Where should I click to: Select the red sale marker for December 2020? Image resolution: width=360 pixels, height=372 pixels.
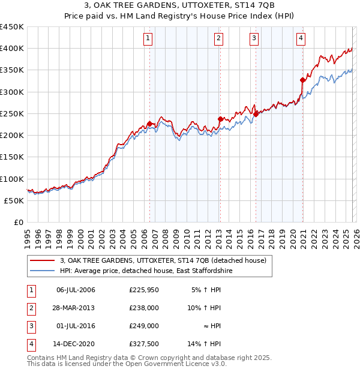pos(302,79)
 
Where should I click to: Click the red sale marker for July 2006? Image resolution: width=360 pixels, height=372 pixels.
pos(149,124)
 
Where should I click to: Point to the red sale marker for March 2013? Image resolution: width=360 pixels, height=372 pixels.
pos(220,119)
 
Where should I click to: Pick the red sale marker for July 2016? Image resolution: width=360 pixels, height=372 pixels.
pos(256,113)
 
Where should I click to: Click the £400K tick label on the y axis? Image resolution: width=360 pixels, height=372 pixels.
pos(12,49)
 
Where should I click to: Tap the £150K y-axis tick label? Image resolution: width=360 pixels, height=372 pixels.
pos(12,157)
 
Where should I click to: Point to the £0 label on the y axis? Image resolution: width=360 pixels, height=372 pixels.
pos(17,222)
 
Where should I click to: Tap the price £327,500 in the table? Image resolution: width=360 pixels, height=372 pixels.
pos(143,344)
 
